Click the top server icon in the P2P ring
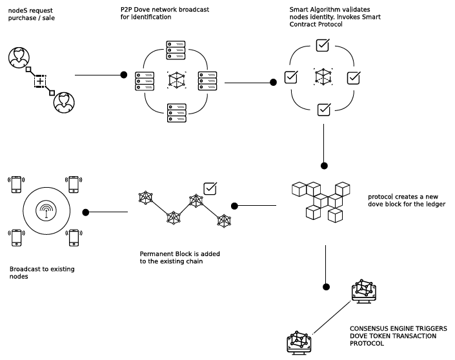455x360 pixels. click(x=176, y=48)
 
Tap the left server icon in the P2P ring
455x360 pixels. click(x=145, y=81)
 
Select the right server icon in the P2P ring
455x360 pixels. click(x=207, y=81)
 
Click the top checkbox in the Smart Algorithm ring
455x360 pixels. click(x=323, y=46)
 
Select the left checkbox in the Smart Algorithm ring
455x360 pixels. click(x=291, y=77)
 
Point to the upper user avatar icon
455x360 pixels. click(x=19, y=57)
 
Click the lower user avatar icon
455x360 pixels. click(x=63, y=102)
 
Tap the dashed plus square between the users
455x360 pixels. click(x=40, y=81)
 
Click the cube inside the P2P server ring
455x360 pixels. click(x=176, y=81)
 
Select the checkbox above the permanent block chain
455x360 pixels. click(x=210, y=188)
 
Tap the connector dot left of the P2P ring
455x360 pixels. click(x=124, y=75)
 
